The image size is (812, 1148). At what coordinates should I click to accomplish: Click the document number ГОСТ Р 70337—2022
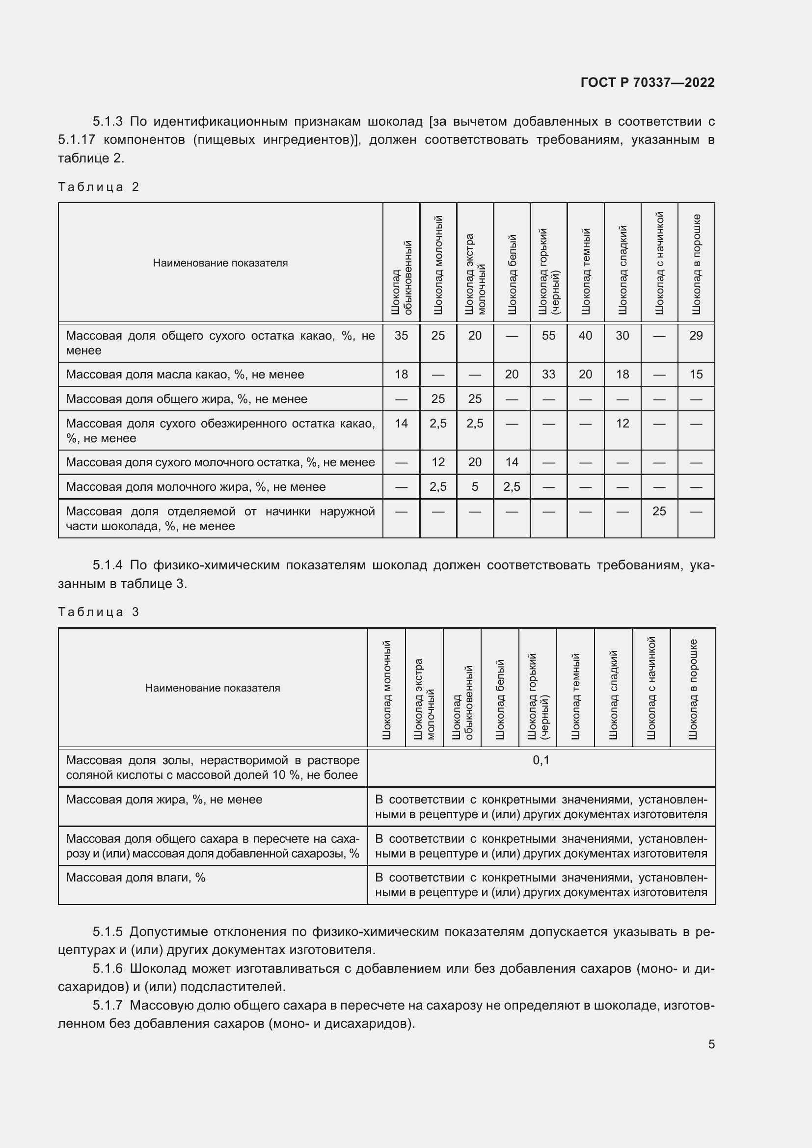tap(647, 82)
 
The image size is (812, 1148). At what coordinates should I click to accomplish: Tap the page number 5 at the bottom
tap(711, 1044)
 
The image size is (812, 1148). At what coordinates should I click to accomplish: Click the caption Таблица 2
tap(99, 187)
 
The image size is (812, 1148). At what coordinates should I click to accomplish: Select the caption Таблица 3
tap(99, 612)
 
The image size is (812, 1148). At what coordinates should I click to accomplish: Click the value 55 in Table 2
tap(548, 336)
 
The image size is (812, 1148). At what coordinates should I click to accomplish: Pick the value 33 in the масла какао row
tap(548, 374)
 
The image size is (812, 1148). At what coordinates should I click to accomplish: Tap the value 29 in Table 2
tap(696, 336)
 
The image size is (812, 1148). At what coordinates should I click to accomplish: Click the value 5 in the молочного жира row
tap(475, 486)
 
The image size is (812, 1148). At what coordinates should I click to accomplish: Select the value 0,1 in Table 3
tap(541, 760)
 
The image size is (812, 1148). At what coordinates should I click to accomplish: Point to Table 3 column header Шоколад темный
tap(575, 696)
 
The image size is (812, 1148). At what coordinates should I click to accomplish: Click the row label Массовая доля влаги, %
tap(135, 878)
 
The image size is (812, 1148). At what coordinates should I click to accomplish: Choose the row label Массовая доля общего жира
tap(187, 399)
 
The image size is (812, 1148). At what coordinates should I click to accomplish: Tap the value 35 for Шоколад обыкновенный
tap(401, 336)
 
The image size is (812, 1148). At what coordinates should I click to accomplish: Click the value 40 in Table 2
tap(585, 336)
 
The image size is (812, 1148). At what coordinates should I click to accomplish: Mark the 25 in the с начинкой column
tap(658, 511)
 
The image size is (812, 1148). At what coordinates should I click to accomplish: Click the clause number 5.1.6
tap(108, 968)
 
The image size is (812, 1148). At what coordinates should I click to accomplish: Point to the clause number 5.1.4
tap(108, 565)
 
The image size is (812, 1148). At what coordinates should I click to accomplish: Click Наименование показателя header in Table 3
tap(213, 688)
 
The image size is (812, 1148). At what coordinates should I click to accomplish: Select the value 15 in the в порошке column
tap(696, 374)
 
